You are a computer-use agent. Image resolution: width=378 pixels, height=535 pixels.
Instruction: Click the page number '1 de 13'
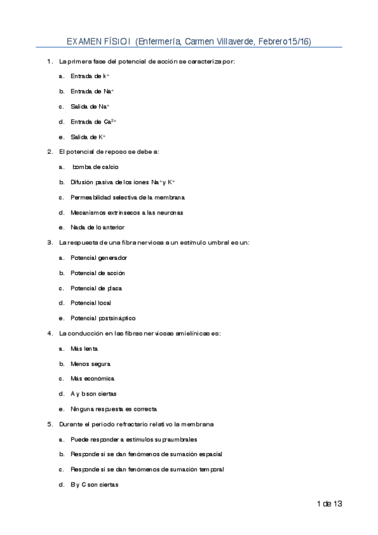329,503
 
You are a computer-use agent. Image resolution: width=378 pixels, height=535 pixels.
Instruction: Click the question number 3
50,242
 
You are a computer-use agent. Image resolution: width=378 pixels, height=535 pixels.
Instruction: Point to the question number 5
50,424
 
